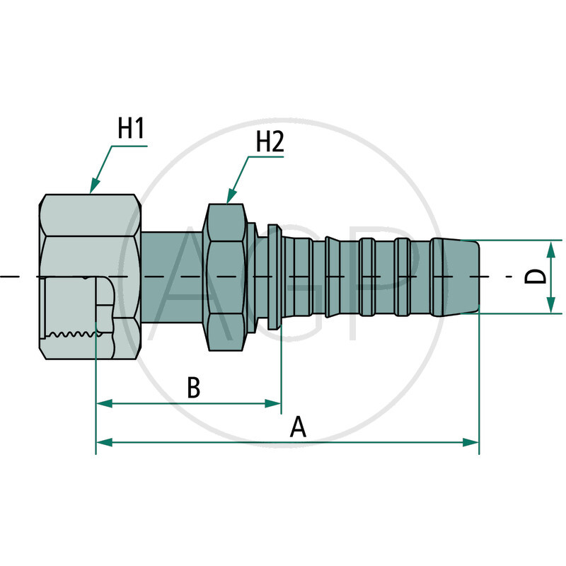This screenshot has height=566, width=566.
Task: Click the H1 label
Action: point(131,129)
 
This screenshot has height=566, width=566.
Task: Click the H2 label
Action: point(270,143)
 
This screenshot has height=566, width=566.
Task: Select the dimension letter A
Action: point(299,427)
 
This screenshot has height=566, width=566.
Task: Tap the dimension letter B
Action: point(193,388)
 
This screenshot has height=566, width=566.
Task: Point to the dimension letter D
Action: point(538,277)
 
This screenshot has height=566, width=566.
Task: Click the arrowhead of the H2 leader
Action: point(229,200)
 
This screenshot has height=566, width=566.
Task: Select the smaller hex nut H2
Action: point(225,276)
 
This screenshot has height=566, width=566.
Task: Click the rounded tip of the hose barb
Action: point(474,277)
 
